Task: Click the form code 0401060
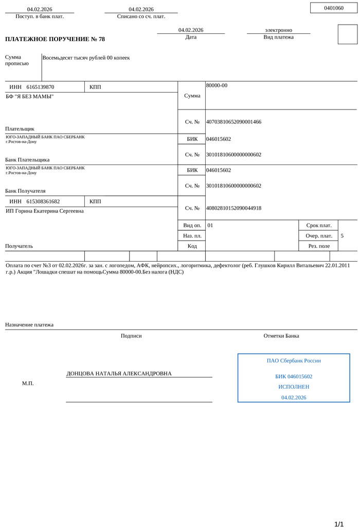click(x=334, y=8)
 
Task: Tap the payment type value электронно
click(x=278, y=30)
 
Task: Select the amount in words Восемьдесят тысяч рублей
click(x=86, y=58)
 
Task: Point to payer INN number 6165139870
click(x=40, y=87)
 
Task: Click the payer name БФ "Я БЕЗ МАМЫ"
click(x=29, y=97)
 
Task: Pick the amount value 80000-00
click(x=217, y=85)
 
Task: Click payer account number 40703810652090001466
click(x=233, y=122)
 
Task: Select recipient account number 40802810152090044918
click(x=233, y=208)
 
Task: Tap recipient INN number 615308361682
click(x=43, y=202)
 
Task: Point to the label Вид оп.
click(x=192, y=226)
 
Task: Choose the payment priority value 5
click(x=342, y=236)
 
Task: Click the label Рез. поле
click(x=319, y=246)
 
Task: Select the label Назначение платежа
click(x=29, y=325)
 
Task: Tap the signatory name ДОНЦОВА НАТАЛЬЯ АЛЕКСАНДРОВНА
click(x=119, y=374)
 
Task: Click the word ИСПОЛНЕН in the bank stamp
click(x=294, y=387)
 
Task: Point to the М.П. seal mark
click(x=28, y=383)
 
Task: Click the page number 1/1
click(x=339, y=524)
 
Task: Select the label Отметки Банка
click(x=281, y=336)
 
